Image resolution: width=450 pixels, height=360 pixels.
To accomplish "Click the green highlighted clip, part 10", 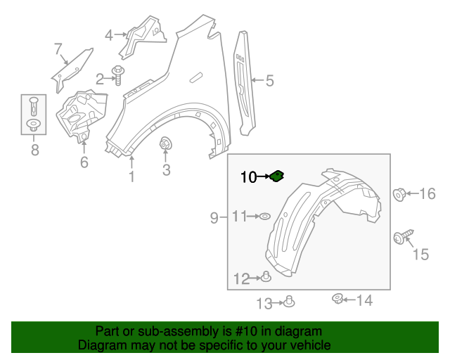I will click(x=276, y=176).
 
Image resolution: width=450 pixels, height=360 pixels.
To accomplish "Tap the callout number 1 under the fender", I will click(x=131, y=176).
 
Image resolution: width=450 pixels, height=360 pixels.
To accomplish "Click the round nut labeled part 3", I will click(x=166, y=145).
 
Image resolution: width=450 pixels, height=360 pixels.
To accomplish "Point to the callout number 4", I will click(x=109, y=34).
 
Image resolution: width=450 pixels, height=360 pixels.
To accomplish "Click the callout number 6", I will click(x=84, y=163).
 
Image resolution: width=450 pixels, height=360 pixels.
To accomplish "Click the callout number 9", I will click(x=214, y=219).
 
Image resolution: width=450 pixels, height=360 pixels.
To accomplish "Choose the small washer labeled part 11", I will click(x=265, y=217).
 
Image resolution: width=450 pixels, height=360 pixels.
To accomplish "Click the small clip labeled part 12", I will click(x=266, y=277).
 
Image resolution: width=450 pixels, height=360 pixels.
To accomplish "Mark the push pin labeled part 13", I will click(x=289, y=302).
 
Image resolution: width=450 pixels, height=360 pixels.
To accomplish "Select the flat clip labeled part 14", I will click(x=337, y=300).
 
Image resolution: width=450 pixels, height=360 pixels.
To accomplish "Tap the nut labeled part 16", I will click(x=399, y=193).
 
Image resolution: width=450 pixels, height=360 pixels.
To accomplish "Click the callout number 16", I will click(x=427, y=193).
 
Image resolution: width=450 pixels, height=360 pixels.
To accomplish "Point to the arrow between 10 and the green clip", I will click(x=264, y=177).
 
